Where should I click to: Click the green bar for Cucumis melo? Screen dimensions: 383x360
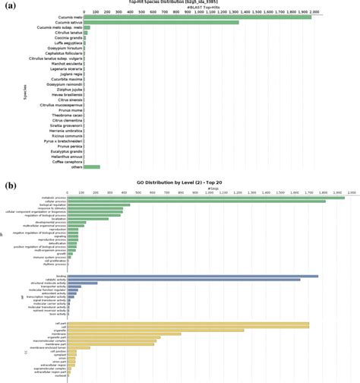point(197,17)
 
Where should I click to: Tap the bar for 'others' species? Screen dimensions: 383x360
point(92,166)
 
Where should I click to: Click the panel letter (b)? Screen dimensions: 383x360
point(12,184)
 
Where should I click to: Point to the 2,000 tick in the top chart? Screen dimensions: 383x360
point(325,11)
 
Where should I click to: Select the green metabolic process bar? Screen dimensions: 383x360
point(206,198)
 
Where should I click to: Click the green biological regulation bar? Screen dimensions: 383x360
point(99,204)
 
